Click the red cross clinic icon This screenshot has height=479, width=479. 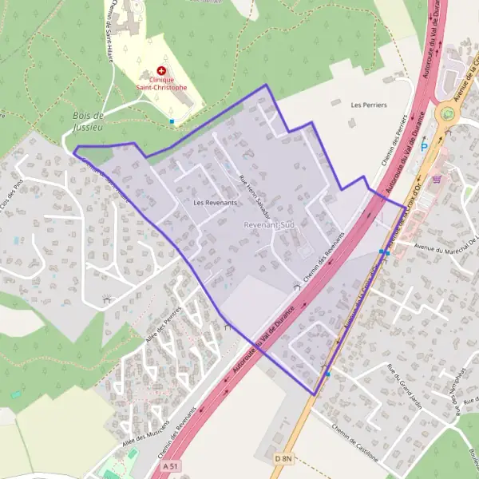(161, 71)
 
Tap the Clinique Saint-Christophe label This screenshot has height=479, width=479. (161, 83)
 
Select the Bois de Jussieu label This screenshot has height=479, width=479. (88, 121)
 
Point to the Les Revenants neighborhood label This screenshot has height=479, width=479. (215, 203)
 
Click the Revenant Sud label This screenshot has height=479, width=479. (269, 226)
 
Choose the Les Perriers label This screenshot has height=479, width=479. (368, 105)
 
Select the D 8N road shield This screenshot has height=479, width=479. (283, 458)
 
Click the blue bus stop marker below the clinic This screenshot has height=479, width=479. (172, 121)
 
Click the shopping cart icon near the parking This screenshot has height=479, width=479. (436, 179)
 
